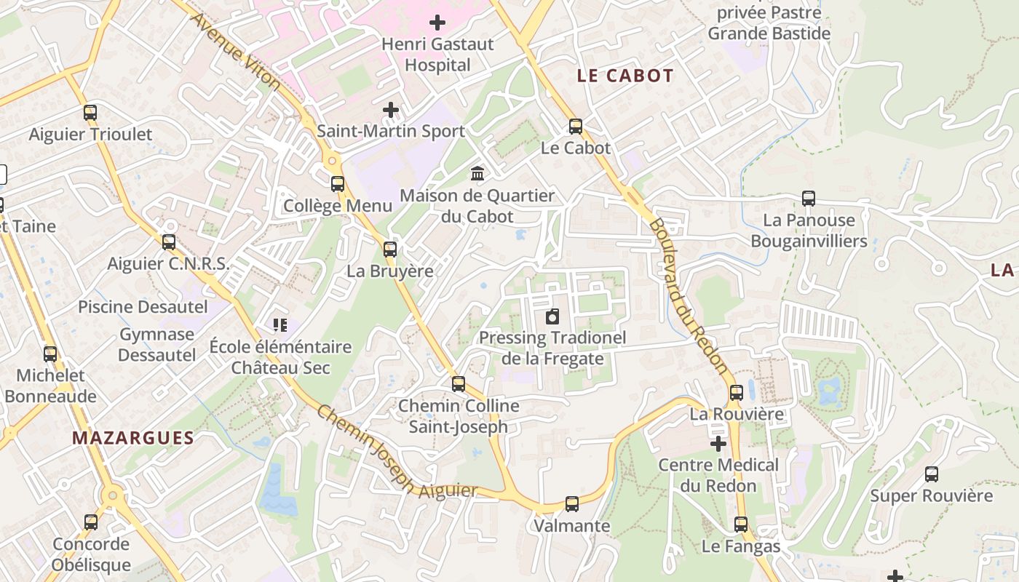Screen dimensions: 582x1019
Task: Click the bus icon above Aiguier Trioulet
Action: pyautogui.click(x=90, y=113)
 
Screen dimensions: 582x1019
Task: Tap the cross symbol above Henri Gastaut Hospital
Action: pyautogui.click(x=437, y=23)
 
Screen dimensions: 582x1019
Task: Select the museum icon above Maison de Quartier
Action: pyautogui.click(x=478, y=173)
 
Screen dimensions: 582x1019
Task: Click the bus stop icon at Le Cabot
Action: pyautogui.click(x=576, y=127)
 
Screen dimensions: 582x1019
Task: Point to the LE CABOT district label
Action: pyautogui.click(x=625, y=76)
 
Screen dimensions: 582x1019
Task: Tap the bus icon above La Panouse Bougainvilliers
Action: pyautogui.click(x=809, y=198)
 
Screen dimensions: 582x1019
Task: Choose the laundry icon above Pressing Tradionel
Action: pyautogui.click(x=552, y=316)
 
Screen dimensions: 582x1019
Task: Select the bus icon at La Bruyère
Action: pyautogui.click(x=390, y=250)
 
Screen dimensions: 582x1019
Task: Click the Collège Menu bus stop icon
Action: pyautogui.click(x=338, y=183)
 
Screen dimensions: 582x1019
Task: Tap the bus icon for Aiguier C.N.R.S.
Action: pyautogui.click(x=169, y=242)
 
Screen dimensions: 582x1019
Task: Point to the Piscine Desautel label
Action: pyautogui.click(x=143, y=307)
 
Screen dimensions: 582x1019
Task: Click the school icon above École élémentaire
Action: pyautogui.click(x=280, y=324)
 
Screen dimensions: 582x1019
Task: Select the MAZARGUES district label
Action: pyautogui.click(x=133, y=438)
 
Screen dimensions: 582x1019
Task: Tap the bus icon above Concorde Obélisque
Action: pyautogui.click(x=91, y=522)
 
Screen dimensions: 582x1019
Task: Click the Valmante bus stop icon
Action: pyautogui.click(x=572, y=503)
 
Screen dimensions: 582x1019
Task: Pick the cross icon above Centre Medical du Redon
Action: pyautogui.click(x=718, y=443)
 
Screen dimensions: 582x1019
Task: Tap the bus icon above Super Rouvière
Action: pyautogui.click(x=932, y=474)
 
